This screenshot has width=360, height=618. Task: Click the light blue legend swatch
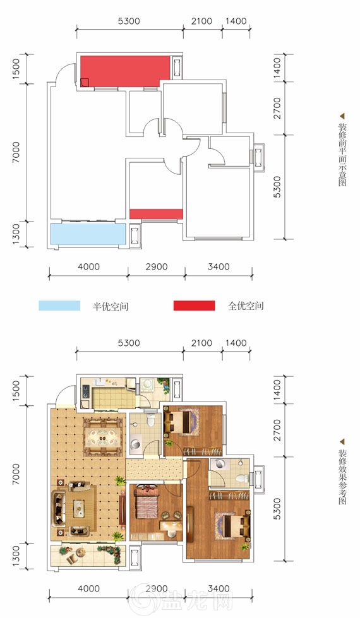pos(59,306)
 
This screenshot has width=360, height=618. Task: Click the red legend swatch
pos(194,306)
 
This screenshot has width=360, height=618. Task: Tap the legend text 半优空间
pos(111,306)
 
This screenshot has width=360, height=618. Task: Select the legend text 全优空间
pos(246,306)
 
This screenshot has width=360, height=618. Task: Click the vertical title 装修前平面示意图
pos(342,155)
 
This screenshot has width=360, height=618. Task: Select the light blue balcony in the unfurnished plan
pos(88,234)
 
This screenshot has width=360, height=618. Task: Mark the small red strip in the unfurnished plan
pos(156,213)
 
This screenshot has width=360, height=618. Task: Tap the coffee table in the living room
pos(79,508)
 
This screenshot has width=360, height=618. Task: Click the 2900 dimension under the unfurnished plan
pos(157,267)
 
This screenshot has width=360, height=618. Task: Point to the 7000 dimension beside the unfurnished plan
pos(16,153)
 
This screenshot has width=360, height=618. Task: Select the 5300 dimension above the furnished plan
pos(129,343)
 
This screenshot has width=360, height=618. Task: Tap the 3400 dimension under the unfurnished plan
pos(219,267)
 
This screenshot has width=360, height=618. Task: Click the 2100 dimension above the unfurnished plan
pos(202,21)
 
